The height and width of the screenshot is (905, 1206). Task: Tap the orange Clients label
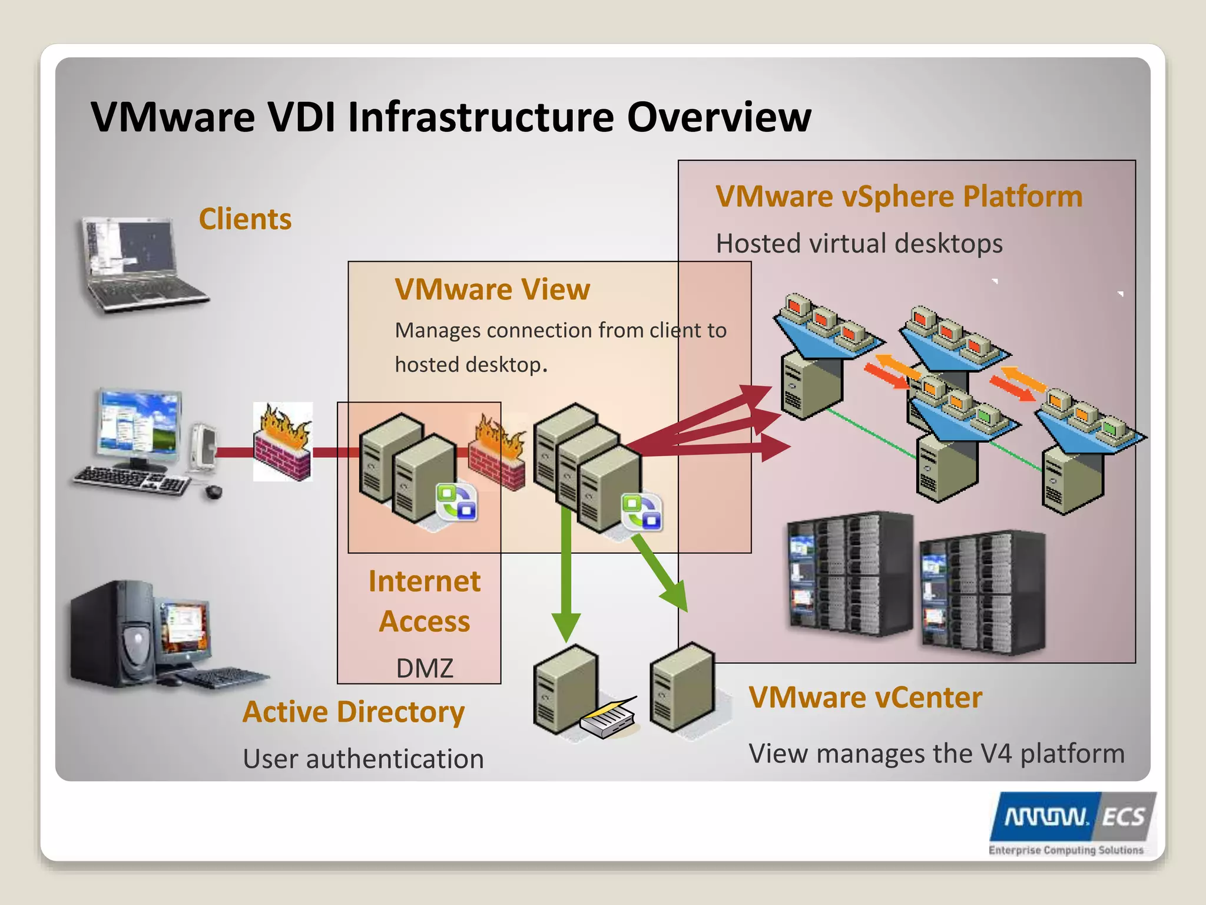click(245, 219)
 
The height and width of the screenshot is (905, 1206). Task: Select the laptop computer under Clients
click(141, 265)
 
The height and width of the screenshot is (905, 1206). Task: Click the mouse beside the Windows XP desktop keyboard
click(213, 491)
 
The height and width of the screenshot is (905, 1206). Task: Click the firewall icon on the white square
click(283, 442)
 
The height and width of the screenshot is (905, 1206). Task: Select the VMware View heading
click(492, 289)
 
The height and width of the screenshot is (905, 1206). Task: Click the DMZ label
click(425, 669)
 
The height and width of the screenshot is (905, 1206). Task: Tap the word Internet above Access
click(425, 582)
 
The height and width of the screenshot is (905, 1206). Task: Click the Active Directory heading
click(353, 712)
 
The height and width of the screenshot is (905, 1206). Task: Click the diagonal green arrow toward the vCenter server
click(662, 574)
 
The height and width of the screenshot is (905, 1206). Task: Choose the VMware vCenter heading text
click(865, 698)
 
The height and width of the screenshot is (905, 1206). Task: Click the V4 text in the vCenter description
click(995, 754)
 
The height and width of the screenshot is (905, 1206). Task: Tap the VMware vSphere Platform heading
click(899, 196)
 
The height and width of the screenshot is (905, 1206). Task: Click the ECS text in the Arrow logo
click(1123, 818)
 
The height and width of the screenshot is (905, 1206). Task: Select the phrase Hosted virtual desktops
click(859, 243)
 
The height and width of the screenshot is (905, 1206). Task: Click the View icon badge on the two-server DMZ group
click(457, 502)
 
